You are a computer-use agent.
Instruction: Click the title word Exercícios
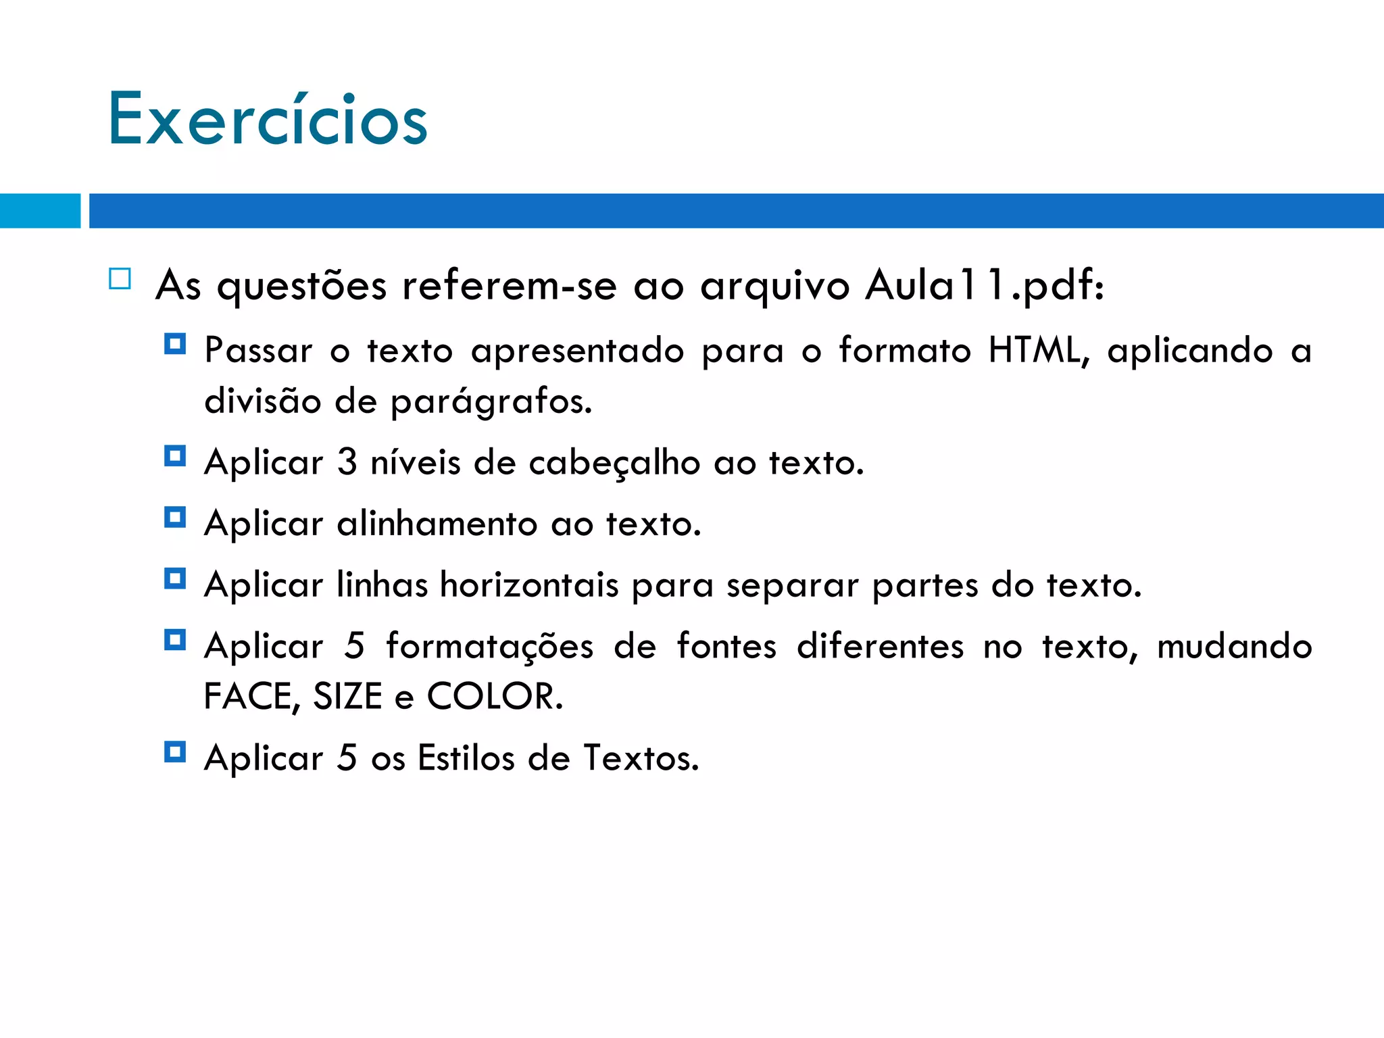(x=268, y=120)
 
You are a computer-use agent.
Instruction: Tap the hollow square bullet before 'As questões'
(x=120, y=279)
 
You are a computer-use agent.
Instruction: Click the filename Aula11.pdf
(x=983, y=285)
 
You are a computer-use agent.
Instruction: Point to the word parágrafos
(x=491, y=402)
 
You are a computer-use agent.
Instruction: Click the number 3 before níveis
(x=347, y=463)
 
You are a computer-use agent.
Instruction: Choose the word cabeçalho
(x=614, y=464)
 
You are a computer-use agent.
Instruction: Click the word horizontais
(x=529, y=585)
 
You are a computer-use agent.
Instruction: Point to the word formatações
(x=489, y=646)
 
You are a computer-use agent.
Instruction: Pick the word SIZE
(x=347, y=696)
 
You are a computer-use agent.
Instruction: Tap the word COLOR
(x=494, y=696)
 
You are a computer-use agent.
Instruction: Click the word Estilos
(x=466, y=758)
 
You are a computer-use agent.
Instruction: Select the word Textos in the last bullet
(x=640, y=758)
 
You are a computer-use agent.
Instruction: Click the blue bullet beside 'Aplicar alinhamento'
(x=175, y=518)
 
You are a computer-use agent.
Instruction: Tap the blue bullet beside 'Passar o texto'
(x=175, y=345)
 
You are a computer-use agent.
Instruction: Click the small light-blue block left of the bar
(x=40, y=211)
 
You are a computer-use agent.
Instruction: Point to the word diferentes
(x=880, y=646)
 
